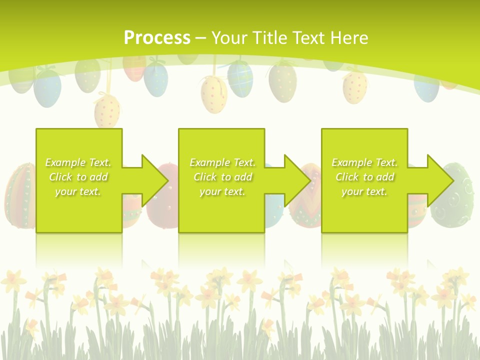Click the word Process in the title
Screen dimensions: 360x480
(x=157, y=37)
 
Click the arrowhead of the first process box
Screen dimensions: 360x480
(x=152, y=180)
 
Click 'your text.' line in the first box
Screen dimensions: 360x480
(x=78, y=191)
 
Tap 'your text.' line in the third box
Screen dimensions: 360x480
(x=364, y=191)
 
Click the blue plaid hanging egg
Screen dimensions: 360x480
(x=240, y=77)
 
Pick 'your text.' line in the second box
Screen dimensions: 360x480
(x=222, y=191)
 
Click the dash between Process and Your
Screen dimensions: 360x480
(x=200, y=37)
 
